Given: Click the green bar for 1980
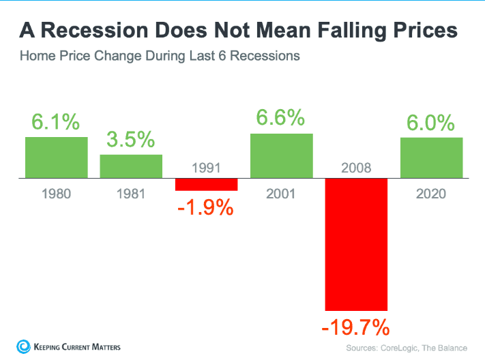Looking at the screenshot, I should [57, 157].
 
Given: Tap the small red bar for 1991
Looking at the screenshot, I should [206, 185].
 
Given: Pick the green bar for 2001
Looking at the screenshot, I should [281, 155].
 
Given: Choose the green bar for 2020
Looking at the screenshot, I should [431, 157].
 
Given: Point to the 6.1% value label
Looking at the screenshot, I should [56, 123].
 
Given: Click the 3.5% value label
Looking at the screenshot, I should [131, 140].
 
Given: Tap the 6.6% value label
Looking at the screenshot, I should [280, 118].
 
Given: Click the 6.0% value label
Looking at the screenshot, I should [431, 123].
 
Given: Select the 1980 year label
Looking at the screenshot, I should [57, 194].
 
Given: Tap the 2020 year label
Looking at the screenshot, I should [431, 194].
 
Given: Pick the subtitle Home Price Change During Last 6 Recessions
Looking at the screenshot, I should [160, 56].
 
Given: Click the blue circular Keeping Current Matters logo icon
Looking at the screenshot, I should [22, 346].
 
